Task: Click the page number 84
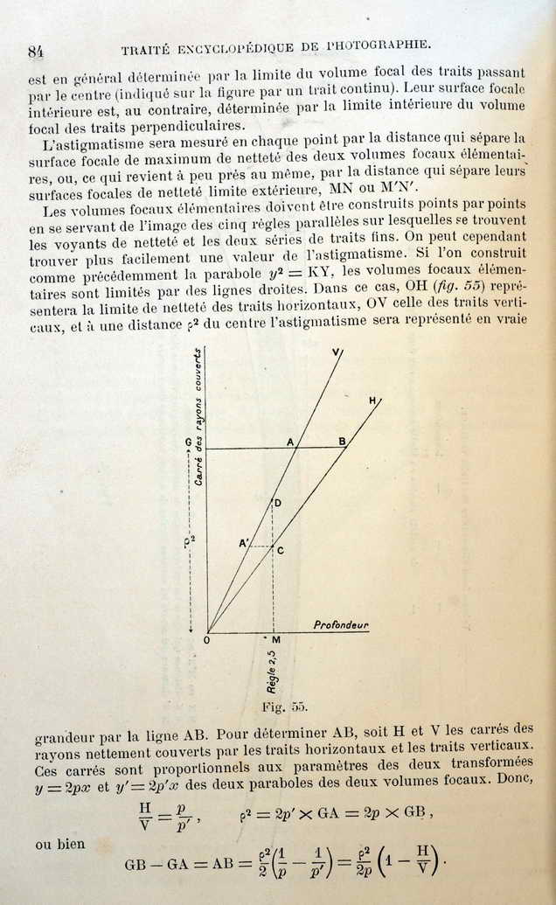point(36,51)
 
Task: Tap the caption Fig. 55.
point(285,706)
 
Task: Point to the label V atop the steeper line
point(337,352)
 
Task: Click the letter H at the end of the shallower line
point(372,400)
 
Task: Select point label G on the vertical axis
point(188,443)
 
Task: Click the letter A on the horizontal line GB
point(290,442)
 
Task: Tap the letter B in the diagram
point(343,442)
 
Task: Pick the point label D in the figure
point(277,503)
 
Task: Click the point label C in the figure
point(280,549)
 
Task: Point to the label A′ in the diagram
point(244,543)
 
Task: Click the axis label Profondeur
point(341,625)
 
